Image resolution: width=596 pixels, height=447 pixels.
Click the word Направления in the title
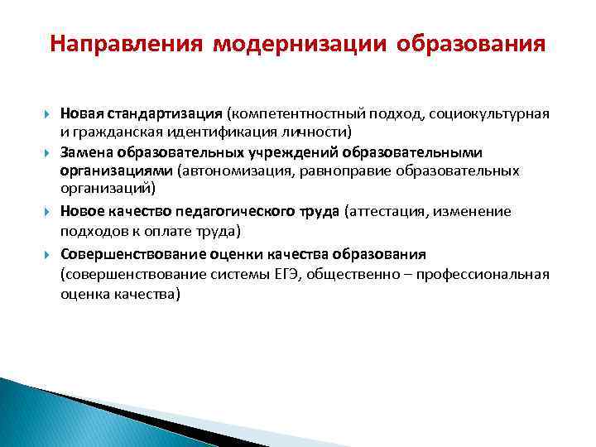click(125, 42)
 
